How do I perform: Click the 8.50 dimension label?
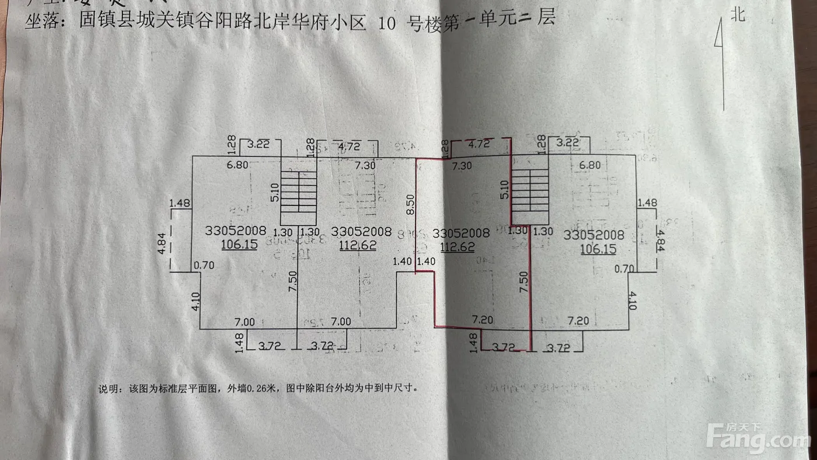[411, 203]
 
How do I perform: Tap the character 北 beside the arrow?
[738, 14]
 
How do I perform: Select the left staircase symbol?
[298, 191]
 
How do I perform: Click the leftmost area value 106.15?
[239, 245]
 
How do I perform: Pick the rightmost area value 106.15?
[598, 249]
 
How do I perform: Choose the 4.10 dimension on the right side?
[633, 301]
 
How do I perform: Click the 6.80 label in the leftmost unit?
[238, 165]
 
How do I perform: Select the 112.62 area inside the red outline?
[457, 246]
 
